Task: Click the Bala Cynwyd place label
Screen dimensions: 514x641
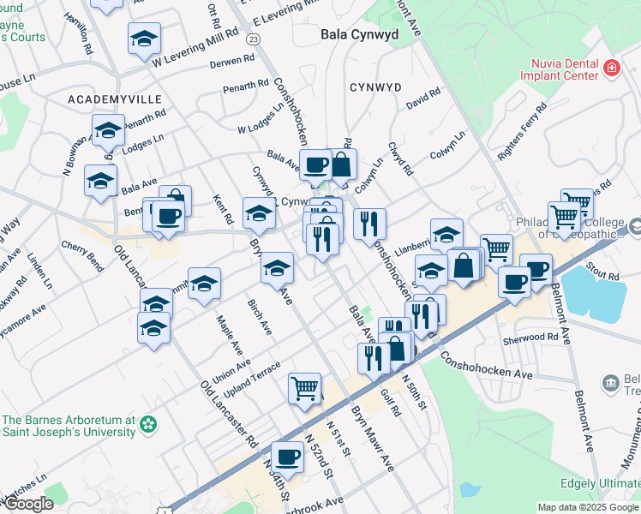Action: (359, 35)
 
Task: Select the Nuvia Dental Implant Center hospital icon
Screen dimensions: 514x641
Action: (611, 68)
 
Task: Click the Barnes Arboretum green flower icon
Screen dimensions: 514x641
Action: (149, 423)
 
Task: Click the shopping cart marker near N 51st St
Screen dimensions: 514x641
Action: (305, 388)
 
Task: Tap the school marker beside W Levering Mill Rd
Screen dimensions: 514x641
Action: (144, 39)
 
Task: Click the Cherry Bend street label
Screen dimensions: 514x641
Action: (82, 255)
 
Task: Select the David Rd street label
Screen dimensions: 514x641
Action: (423, 100)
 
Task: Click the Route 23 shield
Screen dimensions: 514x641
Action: (253, 39)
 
